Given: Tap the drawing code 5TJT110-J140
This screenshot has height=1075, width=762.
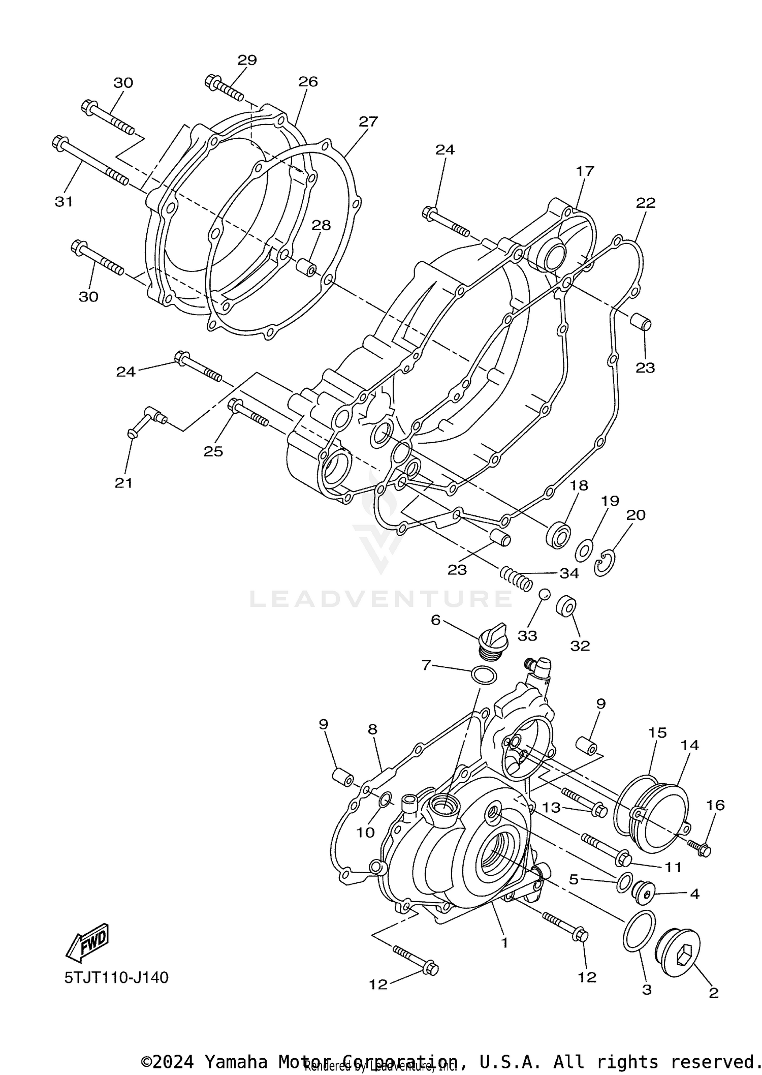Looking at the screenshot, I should tap(116, 977).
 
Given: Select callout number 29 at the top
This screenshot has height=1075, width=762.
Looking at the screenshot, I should tap(247, 60).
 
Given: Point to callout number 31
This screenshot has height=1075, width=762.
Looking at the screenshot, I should tap(64, 202).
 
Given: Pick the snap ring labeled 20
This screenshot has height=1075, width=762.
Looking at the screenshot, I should tap(605, 564).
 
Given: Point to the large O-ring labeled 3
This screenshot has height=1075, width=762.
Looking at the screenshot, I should tap(638, 931).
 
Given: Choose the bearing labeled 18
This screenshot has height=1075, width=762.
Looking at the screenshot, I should tap(558, 534).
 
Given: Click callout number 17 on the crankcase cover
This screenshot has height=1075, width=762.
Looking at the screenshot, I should tap(585, 171).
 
